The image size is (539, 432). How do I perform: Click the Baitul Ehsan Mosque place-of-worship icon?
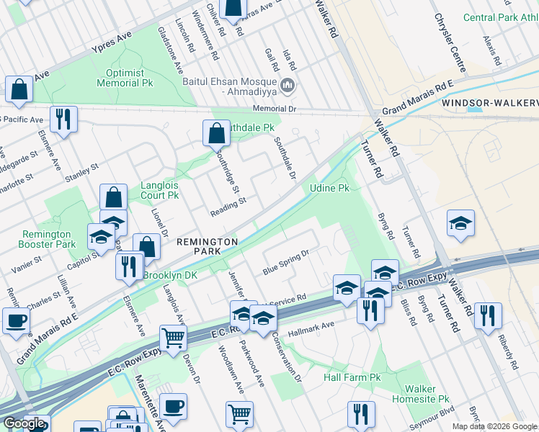coord(288,86)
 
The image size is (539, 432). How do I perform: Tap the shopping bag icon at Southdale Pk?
coord(216,133)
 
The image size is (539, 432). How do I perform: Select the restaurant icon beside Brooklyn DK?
coord(130,266)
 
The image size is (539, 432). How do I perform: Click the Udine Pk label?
coord(329,188)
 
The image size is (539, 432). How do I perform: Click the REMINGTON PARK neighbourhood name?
coord(208,247)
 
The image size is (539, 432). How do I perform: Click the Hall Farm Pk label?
coord(352,377)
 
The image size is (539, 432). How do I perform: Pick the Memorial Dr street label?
coord(275,109)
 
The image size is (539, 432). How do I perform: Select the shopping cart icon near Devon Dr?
coord(173,338)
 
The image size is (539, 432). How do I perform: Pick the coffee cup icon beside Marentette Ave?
coord(173,406)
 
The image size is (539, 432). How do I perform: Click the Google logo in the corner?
coord(24,424)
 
